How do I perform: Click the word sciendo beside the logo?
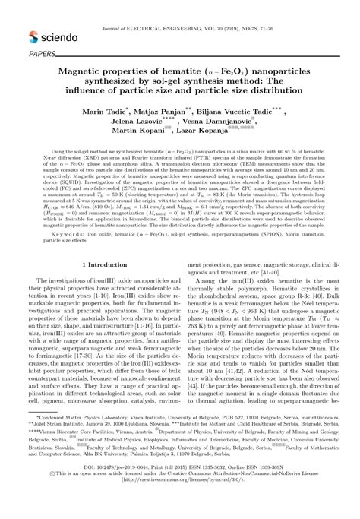60,36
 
